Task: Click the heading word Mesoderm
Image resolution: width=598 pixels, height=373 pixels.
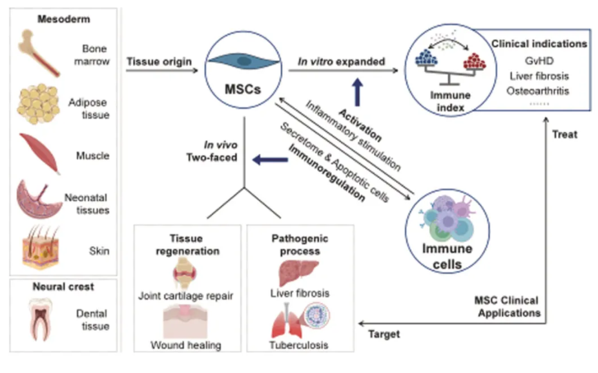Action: (64, 19)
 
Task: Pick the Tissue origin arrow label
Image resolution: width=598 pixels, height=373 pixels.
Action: (159, 61)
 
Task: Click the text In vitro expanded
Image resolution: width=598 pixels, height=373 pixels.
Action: (341, 61)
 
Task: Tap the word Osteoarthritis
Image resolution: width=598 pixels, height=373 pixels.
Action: (539, 91)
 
